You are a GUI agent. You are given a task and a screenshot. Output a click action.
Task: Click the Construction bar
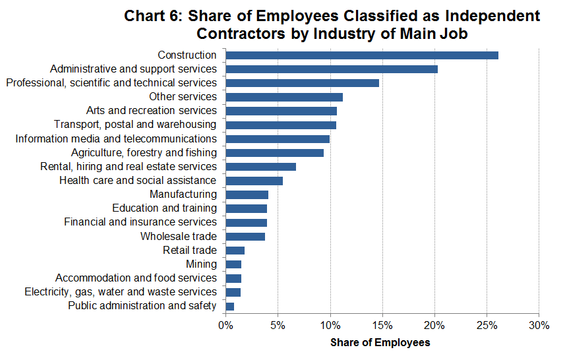[361, 55]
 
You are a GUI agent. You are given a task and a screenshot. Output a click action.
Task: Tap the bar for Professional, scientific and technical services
[302, 83]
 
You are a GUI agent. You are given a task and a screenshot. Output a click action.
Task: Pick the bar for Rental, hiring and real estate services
[260, 166]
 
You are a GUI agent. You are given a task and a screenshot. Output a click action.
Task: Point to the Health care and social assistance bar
[254, 181]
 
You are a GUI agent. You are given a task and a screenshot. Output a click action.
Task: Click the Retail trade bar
[235, 250]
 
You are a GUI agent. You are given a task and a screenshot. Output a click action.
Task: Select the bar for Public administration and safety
[229, 306]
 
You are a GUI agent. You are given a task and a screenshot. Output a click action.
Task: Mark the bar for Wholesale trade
[245, 236]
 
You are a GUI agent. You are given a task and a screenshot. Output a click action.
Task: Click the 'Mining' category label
[200, 264]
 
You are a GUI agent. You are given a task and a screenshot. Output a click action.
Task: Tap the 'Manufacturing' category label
[183, 195]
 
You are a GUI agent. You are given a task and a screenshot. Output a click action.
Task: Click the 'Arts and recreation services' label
[151, 111]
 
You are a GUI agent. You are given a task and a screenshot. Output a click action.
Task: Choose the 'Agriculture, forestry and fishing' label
[144, 153]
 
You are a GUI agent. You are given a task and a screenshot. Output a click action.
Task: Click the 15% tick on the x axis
[382, 326]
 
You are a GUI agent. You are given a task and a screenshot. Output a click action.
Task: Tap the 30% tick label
[539, 326]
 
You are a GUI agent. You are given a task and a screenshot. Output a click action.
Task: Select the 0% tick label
[225, 326]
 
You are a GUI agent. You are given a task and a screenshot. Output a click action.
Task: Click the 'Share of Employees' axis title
[380, 343]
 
